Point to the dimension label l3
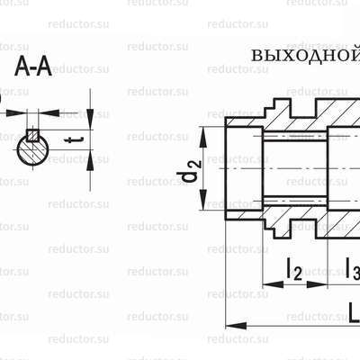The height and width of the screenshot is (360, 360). (351, 268)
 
